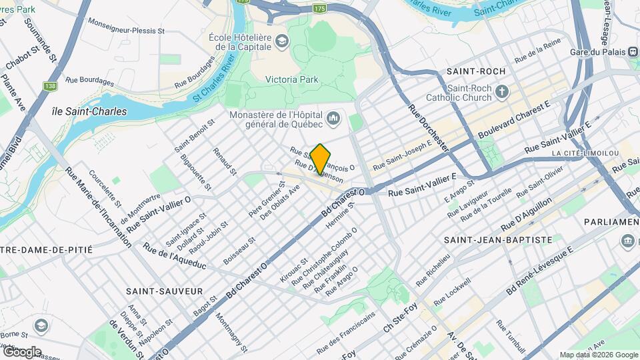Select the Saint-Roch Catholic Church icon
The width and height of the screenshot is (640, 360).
click(x=502, y=91)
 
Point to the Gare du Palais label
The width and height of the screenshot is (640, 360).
click(x=600, y=52)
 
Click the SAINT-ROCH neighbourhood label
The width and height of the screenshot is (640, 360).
click(x=476, y=71)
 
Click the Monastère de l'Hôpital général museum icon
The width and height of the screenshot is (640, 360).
click(x=334, y=119)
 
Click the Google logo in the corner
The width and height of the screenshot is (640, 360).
click(x=21, y=351)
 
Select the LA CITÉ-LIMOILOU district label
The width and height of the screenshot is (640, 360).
click(x=585, y=153)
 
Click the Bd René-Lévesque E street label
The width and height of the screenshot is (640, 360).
click(x=540, y=272)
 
